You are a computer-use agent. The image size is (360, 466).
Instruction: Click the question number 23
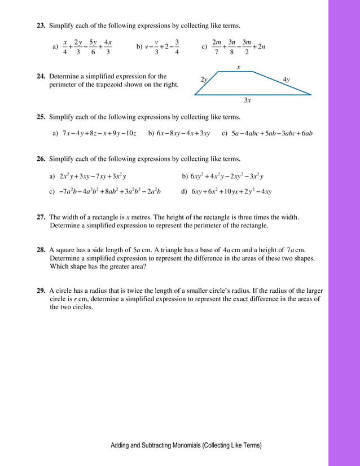(41, 26)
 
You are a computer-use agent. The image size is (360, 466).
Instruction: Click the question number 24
(41, 76)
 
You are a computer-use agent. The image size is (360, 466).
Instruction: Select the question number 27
(41, 217)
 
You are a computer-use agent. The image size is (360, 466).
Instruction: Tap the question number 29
(41, 291)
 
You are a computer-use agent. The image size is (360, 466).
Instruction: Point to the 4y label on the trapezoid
(286, 80)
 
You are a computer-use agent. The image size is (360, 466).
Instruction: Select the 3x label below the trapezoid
(247, 100)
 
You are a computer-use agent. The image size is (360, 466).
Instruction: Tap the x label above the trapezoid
(238, 67)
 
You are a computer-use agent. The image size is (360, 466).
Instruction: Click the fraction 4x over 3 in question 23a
(108, 47)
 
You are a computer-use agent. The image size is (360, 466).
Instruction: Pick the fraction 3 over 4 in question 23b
(177, 47)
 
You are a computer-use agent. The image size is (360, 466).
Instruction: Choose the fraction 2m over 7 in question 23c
(217, 47)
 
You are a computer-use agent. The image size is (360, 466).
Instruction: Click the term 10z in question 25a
(131, 134)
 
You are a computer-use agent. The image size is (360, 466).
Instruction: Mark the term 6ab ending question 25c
(306, 134)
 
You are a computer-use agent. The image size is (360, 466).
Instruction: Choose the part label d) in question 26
(184, 191)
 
